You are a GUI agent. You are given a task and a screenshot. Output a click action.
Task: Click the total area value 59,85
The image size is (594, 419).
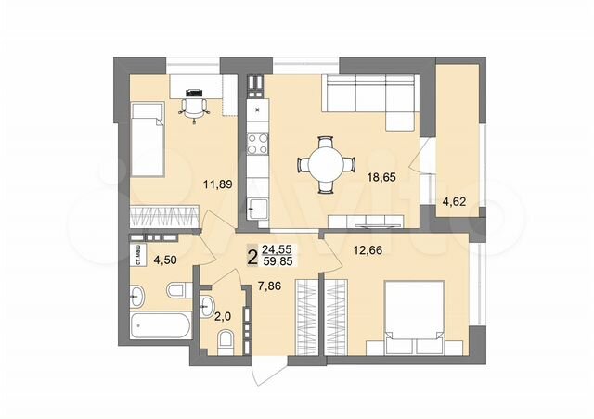coord(278,261)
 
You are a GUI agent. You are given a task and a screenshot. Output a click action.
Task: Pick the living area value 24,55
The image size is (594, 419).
coord(278,249)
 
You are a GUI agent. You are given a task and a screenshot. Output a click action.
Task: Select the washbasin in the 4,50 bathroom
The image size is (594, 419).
coord(136,297)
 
